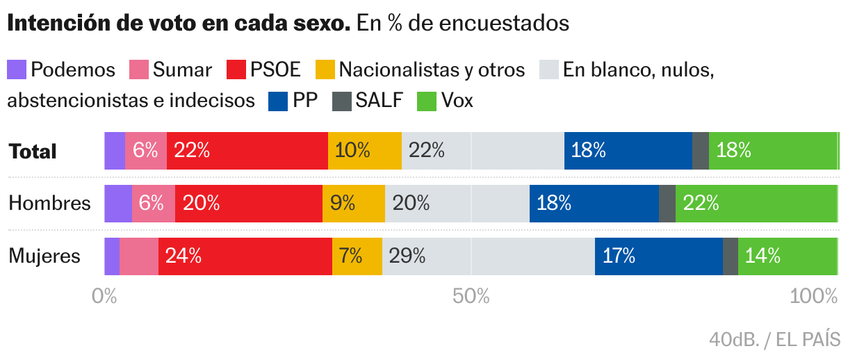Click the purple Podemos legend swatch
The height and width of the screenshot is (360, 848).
pos(17,69)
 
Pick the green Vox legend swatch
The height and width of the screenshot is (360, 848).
pos(426,101)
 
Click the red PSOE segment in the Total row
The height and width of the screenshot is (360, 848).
pos(247,150)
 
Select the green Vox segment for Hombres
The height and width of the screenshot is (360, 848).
pos(756,204)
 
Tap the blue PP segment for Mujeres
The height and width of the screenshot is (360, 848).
pos(658,256)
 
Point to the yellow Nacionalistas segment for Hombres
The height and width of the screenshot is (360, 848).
pos(353,204)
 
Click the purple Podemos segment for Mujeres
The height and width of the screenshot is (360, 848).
pos(112,256)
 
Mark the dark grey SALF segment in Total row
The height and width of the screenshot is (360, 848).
pos(700,150)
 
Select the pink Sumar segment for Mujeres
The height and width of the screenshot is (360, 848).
pos(139,256)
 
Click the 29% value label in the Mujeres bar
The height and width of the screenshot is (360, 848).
pos(407,256)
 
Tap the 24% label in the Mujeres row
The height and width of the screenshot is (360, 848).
pos(184,256)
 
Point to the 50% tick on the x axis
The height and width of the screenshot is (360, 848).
pos(471,297)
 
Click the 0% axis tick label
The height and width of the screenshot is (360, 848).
pos(104,297)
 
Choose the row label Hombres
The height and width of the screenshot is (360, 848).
pos(49,203)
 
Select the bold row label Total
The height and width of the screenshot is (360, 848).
pos(32,152)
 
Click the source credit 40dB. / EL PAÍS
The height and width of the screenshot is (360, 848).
pos(774,341)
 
